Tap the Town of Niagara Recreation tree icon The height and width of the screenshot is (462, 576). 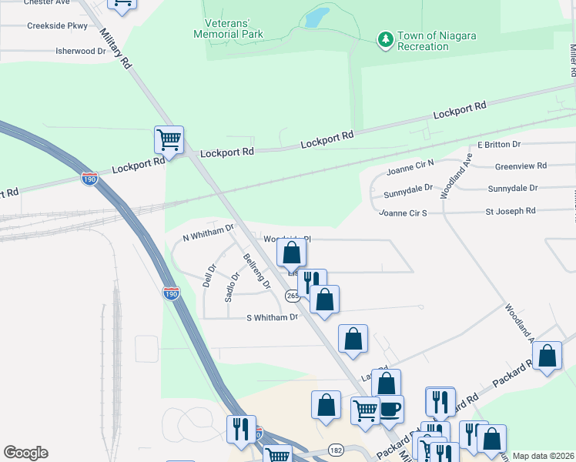[x=384, y=38]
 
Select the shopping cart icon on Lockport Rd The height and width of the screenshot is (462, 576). [x=169, y=141]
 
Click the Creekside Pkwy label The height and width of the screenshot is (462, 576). [x=58, y=25]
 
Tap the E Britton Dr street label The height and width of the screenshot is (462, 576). [x=499, y=145]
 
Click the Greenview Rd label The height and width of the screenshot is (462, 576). [x=521, y=166]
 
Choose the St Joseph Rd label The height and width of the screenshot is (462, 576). [x=510, y=211]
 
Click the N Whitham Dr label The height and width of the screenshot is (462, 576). [x=208, y=229]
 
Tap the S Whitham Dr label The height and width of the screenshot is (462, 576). [x=272, y=317]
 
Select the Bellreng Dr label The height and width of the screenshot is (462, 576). [x=256, y=270]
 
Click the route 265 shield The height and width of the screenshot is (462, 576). [x=292, y=296]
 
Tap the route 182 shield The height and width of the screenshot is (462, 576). [x=336, y=449]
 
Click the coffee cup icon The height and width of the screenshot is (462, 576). [x=390, y=409]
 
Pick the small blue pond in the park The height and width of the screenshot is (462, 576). [x=316, y=18]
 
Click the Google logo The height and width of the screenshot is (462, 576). [x=25, y=453]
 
